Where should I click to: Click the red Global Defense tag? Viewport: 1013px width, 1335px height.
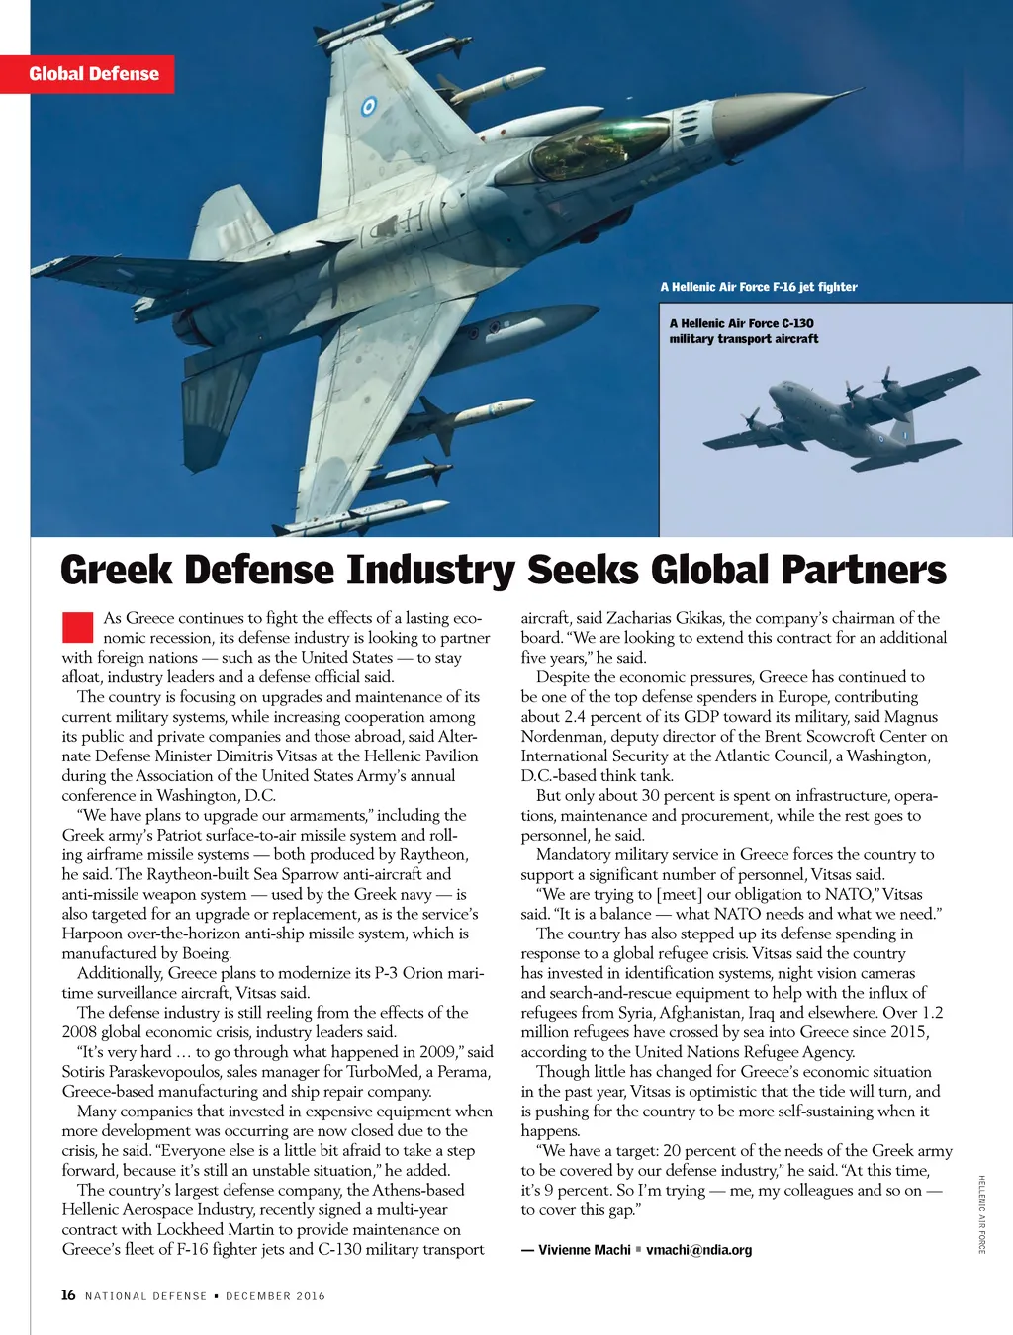click(93, 74)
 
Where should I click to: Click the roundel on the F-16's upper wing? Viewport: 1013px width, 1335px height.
click(369, 105)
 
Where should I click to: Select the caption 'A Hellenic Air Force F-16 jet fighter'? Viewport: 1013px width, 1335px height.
click(759, 287)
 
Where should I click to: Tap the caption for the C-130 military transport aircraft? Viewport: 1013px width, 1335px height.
click(744, 331)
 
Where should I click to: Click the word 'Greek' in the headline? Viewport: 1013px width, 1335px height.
click(117, 571)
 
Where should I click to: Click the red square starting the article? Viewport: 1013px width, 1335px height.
click(77, 627)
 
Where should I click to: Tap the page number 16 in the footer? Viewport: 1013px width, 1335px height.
click(68, 1295)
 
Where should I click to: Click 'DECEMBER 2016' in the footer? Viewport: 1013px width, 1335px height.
click(275, 1296)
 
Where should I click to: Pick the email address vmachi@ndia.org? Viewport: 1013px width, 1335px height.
click(698, 1250)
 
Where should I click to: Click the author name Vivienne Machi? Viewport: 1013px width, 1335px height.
click(584, 1250)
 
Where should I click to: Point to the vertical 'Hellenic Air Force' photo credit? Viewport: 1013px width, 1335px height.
click(982, 1214)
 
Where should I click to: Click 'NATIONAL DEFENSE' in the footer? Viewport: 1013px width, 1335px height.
click(146, 1296)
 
